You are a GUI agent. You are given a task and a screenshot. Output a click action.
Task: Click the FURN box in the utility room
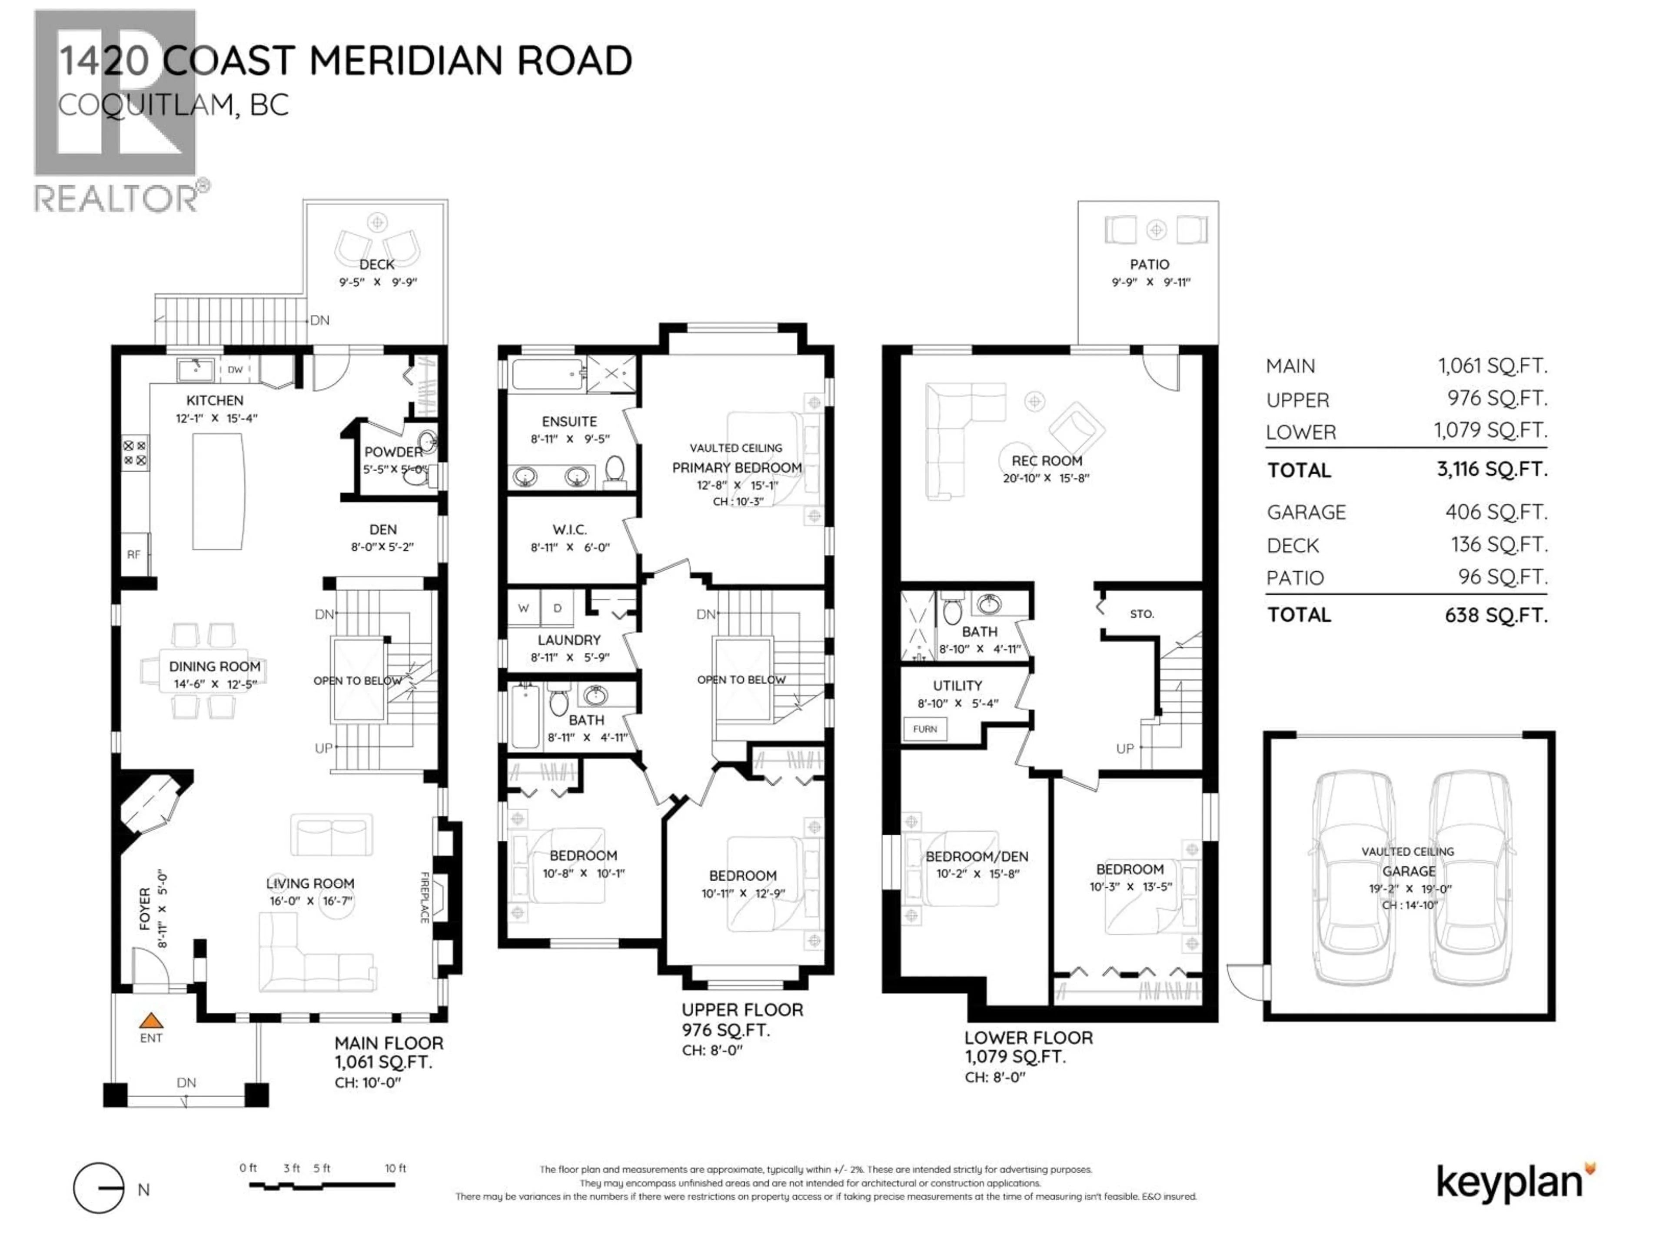point(924,729)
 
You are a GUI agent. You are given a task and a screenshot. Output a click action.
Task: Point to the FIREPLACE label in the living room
point(424,897)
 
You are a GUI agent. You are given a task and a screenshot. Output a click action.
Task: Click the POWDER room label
point(393,452)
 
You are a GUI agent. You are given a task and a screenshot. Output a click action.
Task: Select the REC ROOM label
point(1047,460)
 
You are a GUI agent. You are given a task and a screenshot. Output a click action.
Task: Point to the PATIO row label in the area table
point(1295,578)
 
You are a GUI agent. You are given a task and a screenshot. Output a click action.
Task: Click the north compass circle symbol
point(98,1189)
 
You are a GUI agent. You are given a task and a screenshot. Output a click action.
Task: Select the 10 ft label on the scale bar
point(396,1168)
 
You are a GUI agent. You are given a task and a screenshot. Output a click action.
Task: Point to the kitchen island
point(218,491)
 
